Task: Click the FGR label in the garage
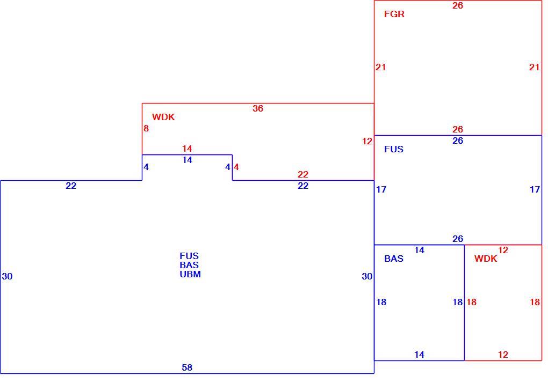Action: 394,14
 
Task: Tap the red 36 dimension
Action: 258,108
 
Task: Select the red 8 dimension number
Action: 146,128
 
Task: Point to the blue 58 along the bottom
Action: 187,367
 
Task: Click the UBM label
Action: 190,274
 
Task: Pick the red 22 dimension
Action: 303,174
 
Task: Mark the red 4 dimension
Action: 236,167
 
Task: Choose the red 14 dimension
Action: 187,149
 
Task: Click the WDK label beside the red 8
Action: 163,117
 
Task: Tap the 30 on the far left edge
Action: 7,276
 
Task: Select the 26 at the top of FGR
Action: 458,5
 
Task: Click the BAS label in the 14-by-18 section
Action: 394,259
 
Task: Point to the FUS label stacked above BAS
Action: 189,256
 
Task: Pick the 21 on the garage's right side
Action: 535,67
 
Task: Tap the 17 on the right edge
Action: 535,189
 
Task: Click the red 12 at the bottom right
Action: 503,355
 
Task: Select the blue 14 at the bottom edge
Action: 420,355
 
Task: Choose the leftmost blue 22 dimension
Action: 71,186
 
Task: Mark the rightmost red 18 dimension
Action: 535,302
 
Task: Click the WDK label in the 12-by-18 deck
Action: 486,259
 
